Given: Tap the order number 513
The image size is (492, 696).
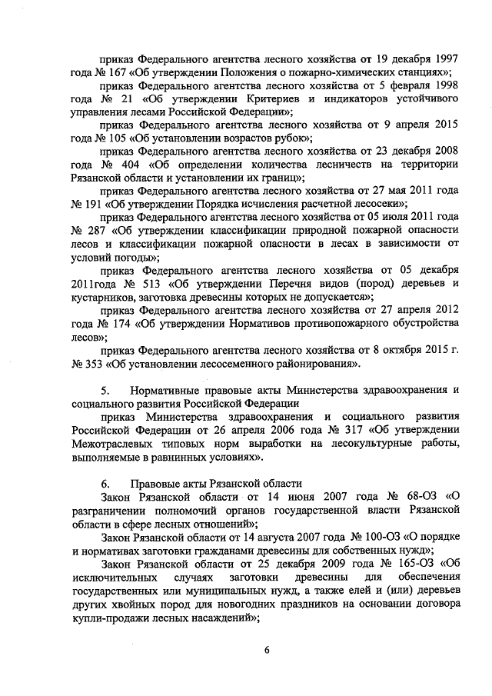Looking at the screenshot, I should pyautogui.click(x=154, y=283).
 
